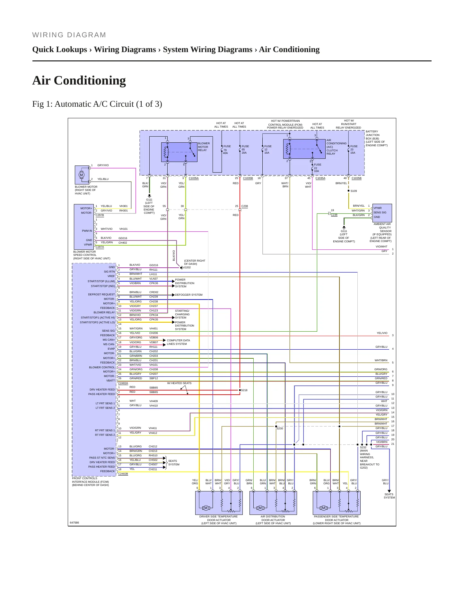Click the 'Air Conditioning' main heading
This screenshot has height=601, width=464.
click(79, 80)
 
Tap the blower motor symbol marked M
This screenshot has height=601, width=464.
click(81, 175)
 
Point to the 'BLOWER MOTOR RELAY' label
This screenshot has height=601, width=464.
click(204, 147)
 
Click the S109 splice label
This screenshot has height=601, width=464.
click(354, 191)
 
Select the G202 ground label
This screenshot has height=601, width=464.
click(187, 267)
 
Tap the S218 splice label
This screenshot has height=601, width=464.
click(244, 390)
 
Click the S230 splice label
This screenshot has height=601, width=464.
click(280, 428)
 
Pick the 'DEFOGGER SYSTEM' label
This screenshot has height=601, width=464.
click(189, 295)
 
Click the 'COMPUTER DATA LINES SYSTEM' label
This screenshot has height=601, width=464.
click(178, 342)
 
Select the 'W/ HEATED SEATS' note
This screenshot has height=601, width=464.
click(179, 383)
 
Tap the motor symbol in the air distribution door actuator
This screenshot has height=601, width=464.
click(260, 508)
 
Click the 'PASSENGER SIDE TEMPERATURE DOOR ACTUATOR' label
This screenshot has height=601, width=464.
click(337, 520)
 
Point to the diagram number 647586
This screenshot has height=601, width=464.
click(74, 523)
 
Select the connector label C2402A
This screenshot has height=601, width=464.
click(123, 383)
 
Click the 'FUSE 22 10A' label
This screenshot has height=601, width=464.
click(317, 168)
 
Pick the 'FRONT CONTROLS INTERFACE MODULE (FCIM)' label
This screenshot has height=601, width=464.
click(91, 482)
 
